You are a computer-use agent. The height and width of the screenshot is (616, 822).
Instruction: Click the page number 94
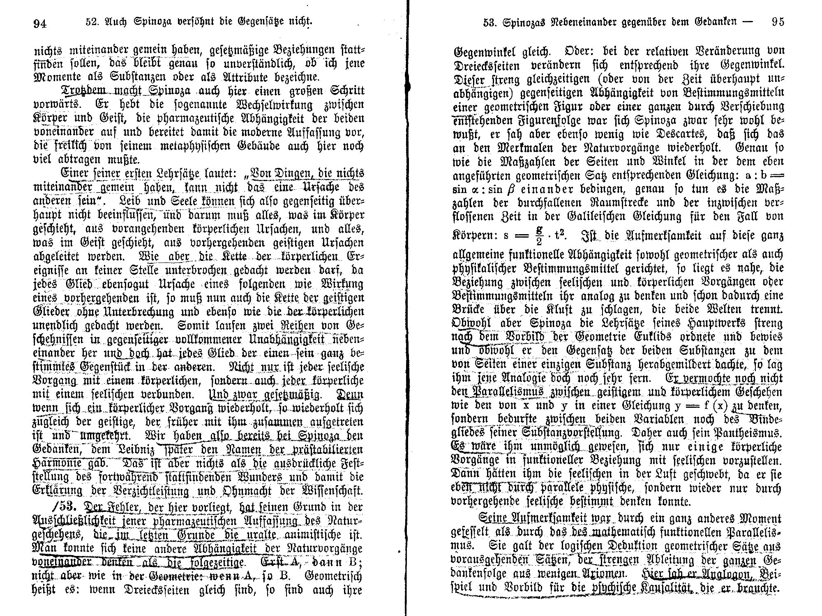[40, 23]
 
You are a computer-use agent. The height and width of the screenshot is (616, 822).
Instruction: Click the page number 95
[778, 21]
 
